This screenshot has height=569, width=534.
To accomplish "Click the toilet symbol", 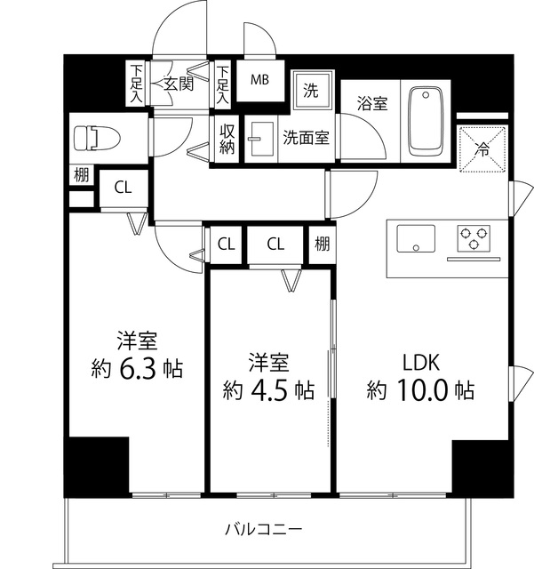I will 88,139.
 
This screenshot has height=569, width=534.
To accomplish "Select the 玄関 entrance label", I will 178,84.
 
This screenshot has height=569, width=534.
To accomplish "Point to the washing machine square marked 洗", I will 312,90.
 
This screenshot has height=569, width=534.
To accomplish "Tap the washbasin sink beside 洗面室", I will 260,140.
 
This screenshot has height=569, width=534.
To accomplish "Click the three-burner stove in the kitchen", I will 474,239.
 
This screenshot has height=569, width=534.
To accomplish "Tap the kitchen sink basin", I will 416,239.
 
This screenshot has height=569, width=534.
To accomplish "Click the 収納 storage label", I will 227,139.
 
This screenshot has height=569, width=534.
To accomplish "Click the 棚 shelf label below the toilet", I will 81,175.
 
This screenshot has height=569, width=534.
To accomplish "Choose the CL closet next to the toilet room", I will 123,188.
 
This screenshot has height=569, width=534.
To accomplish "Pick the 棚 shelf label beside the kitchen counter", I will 321,244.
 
